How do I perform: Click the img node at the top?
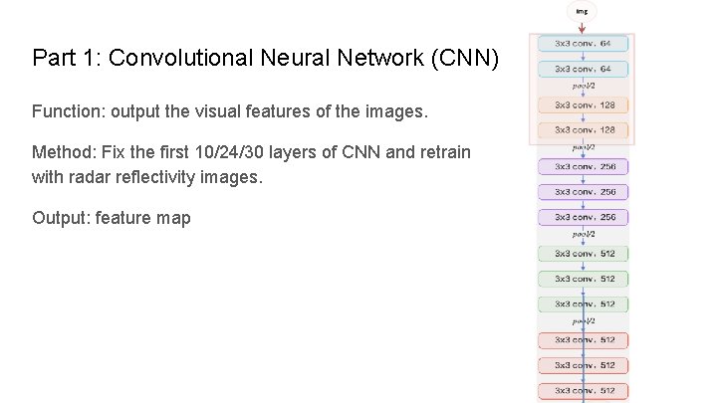[x=582, y=12]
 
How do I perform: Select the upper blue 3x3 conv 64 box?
[x=584, y=44]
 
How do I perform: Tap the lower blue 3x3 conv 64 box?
[x=584, y=70]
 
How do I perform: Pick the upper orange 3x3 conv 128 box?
[x=584, y=103]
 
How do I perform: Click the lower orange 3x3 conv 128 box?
[x=584, y=129]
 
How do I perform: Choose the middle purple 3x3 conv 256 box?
[x=584, y=191]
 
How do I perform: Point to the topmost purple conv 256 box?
[x=584, y=166]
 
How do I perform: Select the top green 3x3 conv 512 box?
[x=584, y=253]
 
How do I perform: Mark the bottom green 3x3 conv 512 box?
[x=584, y=303]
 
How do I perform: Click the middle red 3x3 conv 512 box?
[x=584, y=365]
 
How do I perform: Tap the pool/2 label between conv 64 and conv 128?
[x=584, y=87]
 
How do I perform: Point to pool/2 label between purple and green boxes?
[x=584, y=235]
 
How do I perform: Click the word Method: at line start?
[x=60, y=152]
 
